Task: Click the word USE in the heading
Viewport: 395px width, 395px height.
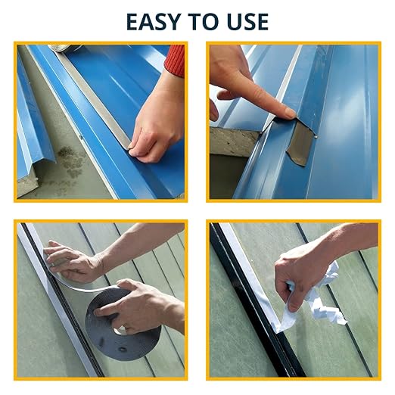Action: pos(247,22)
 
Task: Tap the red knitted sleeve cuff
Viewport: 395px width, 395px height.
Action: pos(175,61)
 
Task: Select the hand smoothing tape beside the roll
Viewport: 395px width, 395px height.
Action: pos(72,263)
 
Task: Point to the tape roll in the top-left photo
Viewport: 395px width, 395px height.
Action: pos(65,48)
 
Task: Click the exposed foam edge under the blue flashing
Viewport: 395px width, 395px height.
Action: pos(233,142)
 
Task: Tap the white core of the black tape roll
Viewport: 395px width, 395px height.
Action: pos(120,330)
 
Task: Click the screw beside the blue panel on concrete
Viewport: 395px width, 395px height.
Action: pos(81,138)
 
